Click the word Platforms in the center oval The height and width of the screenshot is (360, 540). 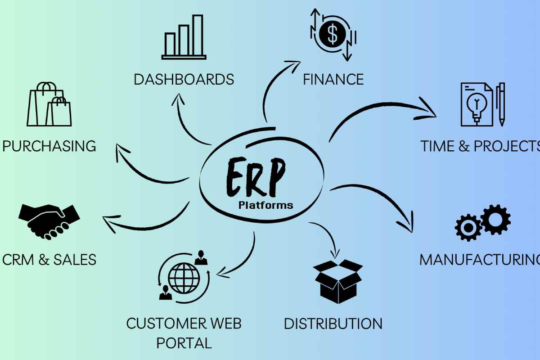[265, 206]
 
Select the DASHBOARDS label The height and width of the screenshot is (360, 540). [184, 80]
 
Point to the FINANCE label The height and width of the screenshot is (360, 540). [333, 80]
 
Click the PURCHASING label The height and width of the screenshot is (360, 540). [49, 146]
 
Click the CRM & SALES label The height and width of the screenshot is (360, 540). [49, 260]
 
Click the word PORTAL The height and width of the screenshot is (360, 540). [184, 343]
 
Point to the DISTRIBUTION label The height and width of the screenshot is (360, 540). [333, 324]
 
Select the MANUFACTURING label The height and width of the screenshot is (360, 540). [479, 260]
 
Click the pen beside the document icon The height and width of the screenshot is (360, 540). [501, 104]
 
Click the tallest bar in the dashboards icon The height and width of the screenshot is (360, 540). [198, 34]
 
